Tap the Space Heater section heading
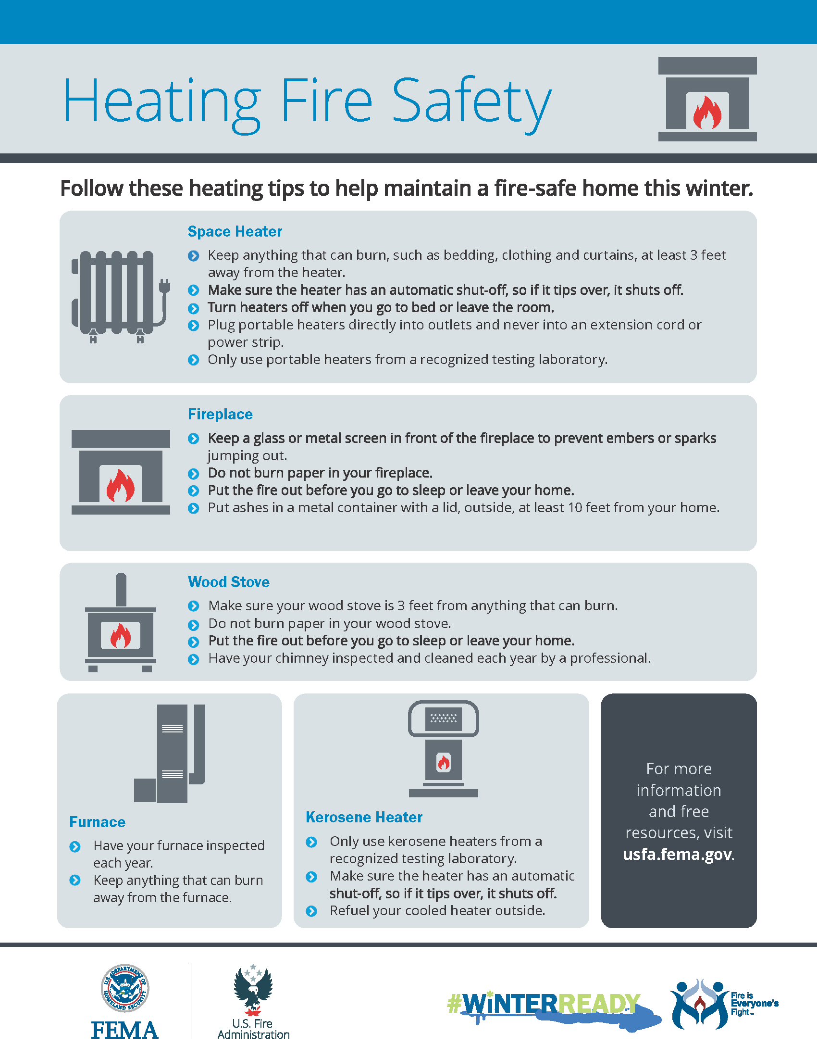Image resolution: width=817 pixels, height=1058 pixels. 235,232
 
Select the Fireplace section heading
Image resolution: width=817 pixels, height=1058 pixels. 220,414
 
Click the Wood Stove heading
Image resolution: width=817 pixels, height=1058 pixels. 228,582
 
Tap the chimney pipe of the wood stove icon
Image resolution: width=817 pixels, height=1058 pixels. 121,590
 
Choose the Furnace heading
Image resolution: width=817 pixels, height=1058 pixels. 97,822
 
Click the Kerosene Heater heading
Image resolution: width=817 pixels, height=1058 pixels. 364,817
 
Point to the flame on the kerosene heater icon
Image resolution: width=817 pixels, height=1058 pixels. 444,763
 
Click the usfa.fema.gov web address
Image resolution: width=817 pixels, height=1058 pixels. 677,854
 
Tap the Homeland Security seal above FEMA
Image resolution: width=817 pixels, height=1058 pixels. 125,988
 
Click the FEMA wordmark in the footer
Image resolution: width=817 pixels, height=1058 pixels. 125,1030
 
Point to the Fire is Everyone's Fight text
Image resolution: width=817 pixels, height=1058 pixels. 754,1003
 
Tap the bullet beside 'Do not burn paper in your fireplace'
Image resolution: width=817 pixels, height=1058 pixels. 194,473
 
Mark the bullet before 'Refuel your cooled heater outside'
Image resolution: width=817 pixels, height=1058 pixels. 312,911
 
